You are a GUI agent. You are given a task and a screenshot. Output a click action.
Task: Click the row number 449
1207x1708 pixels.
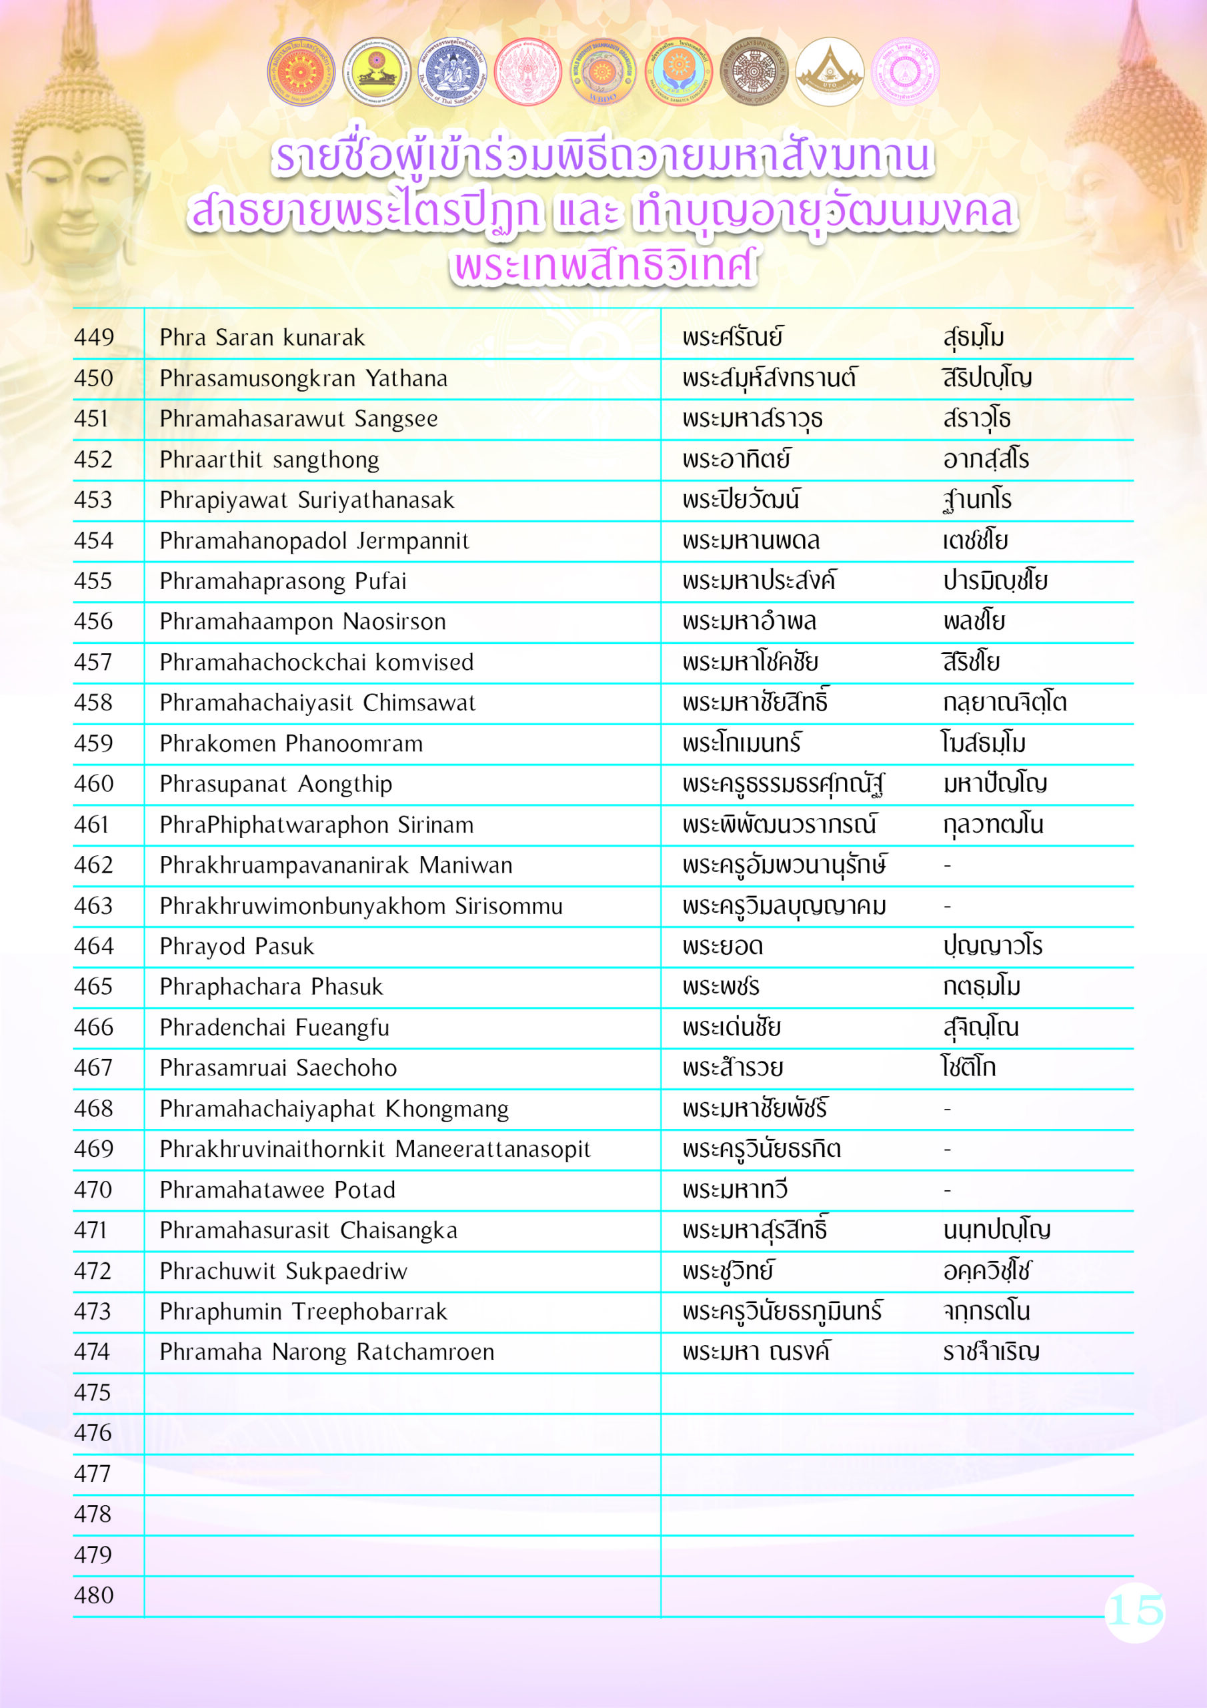click(x=94, y=338)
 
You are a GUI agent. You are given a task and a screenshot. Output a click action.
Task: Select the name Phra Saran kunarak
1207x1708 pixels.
click(x=262, y=338)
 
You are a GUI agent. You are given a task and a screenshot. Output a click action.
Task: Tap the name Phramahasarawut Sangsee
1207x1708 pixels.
click(x=298, y=419)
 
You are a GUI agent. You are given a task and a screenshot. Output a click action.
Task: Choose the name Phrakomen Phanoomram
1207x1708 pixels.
click(x=291, y=743)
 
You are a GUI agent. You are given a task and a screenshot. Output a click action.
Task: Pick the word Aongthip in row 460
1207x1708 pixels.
click(x=345, y=784)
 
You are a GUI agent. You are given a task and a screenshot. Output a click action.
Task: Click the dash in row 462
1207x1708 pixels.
click(x=947, y=866)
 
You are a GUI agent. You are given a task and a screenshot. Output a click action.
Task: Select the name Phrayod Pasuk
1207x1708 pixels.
click(x=237, y=946)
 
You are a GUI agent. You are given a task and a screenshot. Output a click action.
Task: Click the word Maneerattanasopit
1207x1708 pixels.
click(x=492, y=1150)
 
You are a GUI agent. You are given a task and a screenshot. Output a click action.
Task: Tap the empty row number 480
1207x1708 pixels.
click(x=94, y=1595)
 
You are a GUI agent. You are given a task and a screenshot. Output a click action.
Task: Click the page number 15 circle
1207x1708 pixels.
click(x=1134, y=1611)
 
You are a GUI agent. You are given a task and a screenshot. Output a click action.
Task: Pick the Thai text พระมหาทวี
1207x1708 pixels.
click(x=735, y=1190)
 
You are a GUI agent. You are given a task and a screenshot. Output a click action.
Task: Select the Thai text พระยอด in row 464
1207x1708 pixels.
click(x=723, y=946)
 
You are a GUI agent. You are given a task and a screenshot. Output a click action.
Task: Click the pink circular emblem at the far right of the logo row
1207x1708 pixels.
click(x=904, y=72)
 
